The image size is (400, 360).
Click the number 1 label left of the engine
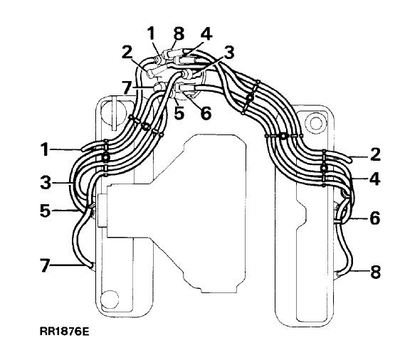pyautogui.click(x=46, y=149)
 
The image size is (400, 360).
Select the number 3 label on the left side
pyautogui.click(x=46, y=183)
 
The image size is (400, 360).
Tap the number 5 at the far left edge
pyautogui.click(x=46, y=211)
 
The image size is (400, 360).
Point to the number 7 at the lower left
pyautogui.click(x=45, y=265)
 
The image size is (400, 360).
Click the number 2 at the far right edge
pyautogui.click(x=375, y=154)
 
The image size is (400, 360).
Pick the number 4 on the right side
pyautogui.click(x=375, y=179)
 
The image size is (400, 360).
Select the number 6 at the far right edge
pyautogui.click(x=375, y=218)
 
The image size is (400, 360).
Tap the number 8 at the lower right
pyautogui.click(x=376, y=272)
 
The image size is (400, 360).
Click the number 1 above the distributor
pyautogui.click(x=152, y=33)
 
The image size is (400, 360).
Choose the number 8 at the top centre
pyautogui.click(x=179, y=33)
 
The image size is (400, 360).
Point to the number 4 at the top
pyautogui.click(x=206, y=34)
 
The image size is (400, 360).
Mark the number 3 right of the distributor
pyautogui.click(x=229, y=53)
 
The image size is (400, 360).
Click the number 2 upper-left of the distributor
pyautogui.click(x=127, y=53)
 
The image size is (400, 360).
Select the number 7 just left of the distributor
pyautogui.click(x=127, y=88)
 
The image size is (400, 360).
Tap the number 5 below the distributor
pyautogui.click(x=179, y=112)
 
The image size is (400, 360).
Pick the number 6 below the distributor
pyautogui.click(x=206, y=113)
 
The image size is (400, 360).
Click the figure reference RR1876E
pyautogui.click(x=65, y=332)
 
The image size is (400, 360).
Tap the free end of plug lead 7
pyautogui.click(x=90, y=266)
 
